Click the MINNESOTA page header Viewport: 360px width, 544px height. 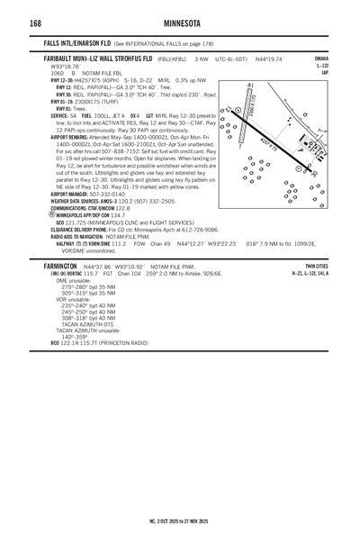[180, 23]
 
